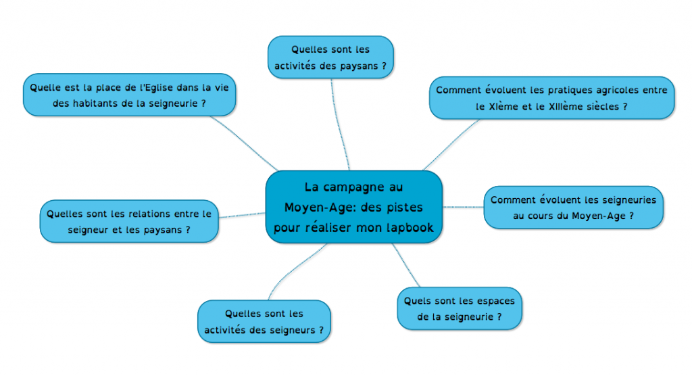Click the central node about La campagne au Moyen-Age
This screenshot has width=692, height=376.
click(354, 207)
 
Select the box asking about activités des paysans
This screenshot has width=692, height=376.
click(330, 57)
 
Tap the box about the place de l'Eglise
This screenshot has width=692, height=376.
click(129, 95)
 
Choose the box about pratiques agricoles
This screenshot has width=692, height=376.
click(551, 97)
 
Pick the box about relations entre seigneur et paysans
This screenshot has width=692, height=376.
click(129, 221)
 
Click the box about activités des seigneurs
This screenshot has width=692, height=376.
click(264, 322)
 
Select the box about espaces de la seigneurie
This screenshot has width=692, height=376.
click(460, 308)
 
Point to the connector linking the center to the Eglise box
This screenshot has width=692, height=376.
click(244, 143)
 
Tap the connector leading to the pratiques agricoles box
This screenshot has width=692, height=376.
click(450, 145)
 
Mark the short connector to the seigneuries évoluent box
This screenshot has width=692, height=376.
click(464, 207)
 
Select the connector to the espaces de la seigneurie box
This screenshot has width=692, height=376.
click(405, 265)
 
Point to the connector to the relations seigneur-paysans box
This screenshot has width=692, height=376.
click(242, 215)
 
